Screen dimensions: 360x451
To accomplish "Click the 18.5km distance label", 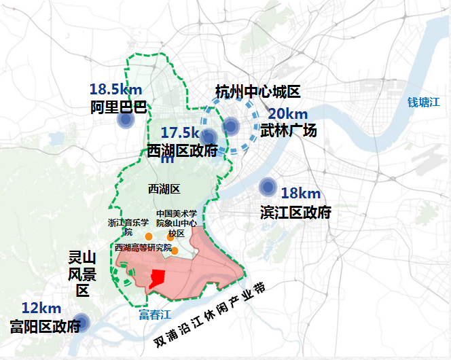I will coord(115,89).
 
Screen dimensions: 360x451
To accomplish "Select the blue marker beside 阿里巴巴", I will coord(125,120).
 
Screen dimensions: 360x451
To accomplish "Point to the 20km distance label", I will coord(287,113).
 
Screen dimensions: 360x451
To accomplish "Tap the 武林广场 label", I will coord(289,130).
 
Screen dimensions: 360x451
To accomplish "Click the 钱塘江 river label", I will coord(424,103).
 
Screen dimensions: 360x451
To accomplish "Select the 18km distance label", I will coord(300,193).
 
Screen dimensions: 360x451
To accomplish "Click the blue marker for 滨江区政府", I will coord(268,187).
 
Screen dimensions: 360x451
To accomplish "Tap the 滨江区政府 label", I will coord(295,213).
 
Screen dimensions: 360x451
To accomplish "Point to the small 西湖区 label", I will coord(163,188).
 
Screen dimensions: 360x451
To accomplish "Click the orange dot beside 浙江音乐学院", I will coord(149,236).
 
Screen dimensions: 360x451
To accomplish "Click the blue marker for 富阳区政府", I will coord(82,323).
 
